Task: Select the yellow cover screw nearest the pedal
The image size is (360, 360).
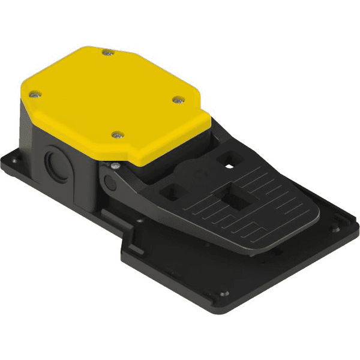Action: point(176,100)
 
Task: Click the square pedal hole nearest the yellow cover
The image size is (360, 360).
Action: point(229,159)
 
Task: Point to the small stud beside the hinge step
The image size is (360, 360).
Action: point(139,220)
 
